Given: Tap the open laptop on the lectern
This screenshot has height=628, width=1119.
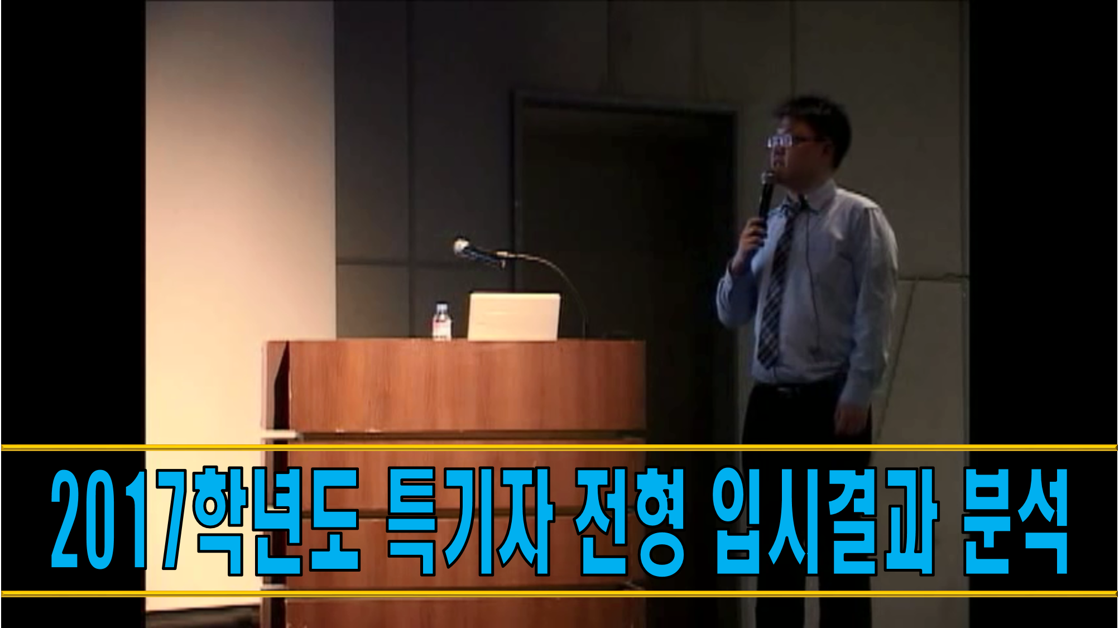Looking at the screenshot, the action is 513,317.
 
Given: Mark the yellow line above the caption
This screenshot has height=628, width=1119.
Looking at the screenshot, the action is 559,447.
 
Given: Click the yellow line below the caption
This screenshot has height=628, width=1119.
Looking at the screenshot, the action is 559,593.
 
